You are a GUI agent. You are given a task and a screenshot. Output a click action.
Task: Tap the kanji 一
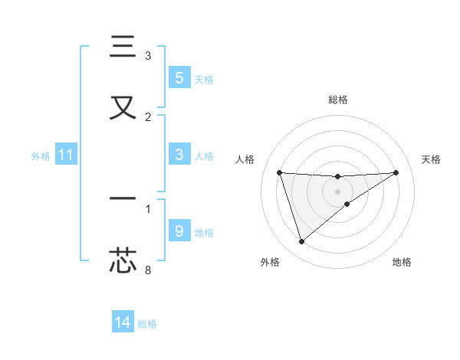coord(123,198)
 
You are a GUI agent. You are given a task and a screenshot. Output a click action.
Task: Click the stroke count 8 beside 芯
coord(148,270)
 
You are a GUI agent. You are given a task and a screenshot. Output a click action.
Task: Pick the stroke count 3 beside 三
coord(148,55)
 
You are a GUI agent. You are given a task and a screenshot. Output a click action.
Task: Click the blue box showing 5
coord(179,77)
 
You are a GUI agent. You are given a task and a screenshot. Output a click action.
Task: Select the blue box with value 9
coord(179,231)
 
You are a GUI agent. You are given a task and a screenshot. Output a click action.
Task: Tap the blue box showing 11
coord(66,155)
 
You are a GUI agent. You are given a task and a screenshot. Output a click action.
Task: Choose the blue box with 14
coord(123,322)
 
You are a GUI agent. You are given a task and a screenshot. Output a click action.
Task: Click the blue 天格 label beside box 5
coord(204,79)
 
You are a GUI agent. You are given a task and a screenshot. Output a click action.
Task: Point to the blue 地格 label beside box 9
coord(204,233)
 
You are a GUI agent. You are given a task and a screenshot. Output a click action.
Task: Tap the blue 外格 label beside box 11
coord(41,156)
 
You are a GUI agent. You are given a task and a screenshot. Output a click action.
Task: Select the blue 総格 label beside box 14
coord(147,324)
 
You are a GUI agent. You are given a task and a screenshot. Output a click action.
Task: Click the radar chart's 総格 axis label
coord(337,100)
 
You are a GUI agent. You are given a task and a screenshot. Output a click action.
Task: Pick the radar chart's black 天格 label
coord(431,159)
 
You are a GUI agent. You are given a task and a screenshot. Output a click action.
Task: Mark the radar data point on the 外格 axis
coord(301,242)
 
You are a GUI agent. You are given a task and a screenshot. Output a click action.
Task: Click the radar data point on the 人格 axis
coord(279,172)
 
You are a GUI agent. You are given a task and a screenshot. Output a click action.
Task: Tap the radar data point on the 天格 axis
coord(396,172)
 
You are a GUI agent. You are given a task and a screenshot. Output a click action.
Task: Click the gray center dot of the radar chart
coord(337,191)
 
